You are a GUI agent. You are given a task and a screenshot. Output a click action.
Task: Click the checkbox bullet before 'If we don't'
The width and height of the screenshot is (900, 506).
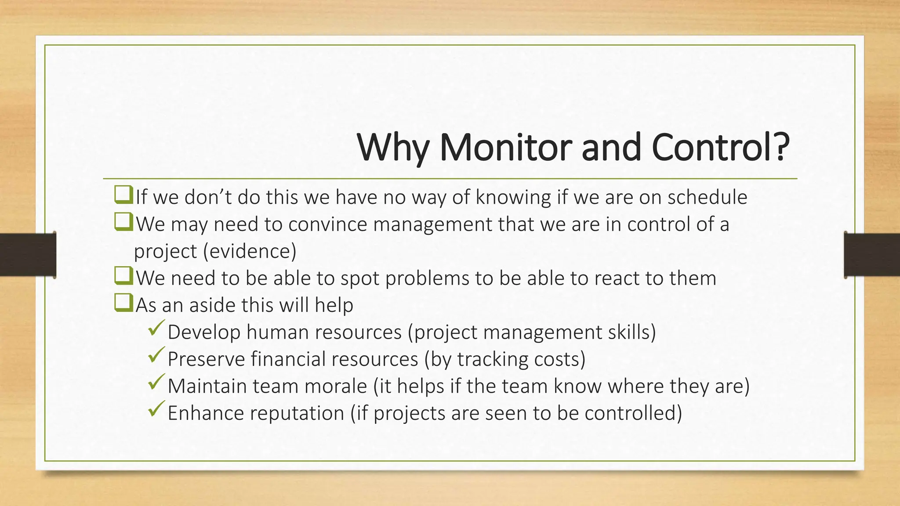pos(123,195)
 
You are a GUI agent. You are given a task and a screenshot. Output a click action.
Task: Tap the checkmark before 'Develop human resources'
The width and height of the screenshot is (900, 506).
pos(156,329)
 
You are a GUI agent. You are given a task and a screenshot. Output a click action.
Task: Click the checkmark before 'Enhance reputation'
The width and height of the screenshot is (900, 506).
pos(156,409)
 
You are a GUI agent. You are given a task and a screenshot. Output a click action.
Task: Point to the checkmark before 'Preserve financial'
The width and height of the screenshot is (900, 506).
pos(156,355)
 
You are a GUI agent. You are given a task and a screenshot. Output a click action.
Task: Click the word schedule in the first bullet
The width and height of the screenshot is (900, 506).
pos(707,197)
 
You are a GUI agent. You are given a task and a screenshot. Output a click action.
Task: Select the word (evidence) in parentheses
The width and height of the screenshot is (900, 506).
pos(250,251)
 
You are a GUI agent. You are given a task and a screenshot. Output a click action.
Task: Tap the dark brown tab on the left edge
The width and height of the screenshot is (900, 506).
pos(27,255)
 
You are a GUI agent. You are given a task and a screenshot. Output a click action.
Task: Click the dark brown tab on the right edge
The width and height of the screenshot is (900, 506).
pos(872,255)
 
